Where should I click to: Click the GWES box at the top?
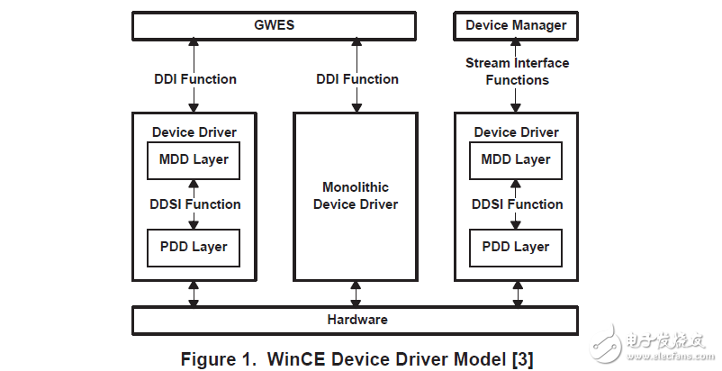[x=274, y=25]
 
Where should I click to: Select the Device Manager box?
[x=516, y=25]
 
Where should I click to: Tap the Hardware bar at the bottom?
[x=356, y=320]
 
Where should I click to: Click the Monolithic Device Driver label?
[x=356, y=195]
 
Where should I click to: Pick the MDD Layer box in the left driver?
[x=194, y=160]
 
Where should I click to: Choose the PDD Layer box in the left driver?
[x=194, y=247]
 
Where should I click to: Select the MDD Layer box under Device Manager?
[x=516, y=160]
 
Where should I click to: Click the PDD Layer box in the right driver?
[x=516, y=247]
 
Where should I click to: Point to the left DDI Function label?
[x=195, y=79]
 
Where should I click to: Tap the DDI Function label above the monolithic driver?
[x=357, y=79]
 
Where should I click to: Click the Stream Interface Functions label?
[x=517, y=71]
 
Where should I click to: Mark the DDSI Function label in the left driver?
[x=195, y=204]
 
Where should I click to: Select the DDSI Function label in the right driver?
[x=517, y=204]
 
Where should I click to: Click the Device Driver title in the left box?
[x=194, y=132]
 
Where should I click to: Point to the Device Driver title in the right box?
[x=517, y=132]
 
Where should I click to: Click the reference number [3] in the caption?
[x=521, y=359]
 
